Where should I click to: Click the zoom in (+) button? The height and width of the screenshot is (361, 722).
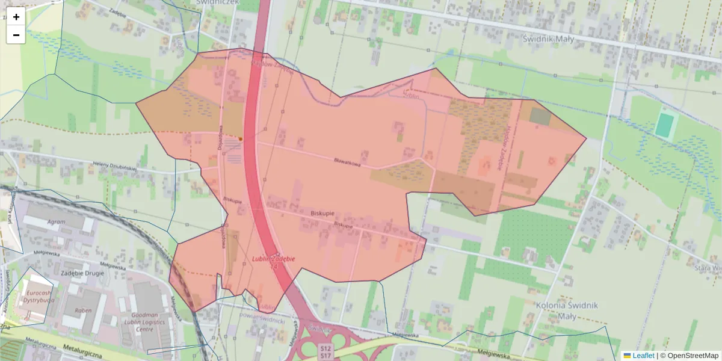click(x=16, y=17)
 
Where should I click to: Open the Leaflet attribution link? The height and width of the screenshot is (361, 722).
click(x=638, y=356)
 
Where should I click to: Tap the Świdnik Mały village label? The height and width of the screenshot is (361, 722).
click(x=540, y=39)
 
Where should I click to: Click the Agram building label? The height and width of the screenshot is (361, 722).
click(x=56, y=221)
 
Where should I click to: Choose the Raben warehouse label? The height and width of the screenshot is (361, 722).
click(x=83, y=310)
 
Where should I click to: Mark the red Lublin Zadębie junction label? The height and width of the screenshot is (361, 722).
click(x=273, y=259)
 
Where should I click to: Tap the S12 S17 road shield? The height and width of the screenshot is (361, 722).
click(x=326, y=352)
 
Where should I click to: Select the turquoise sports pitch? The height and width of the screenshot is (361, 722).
click(x=664, y=125)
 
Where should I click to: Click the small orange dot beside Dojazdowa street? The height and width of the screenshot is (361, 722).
click(x=240, y=138)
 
